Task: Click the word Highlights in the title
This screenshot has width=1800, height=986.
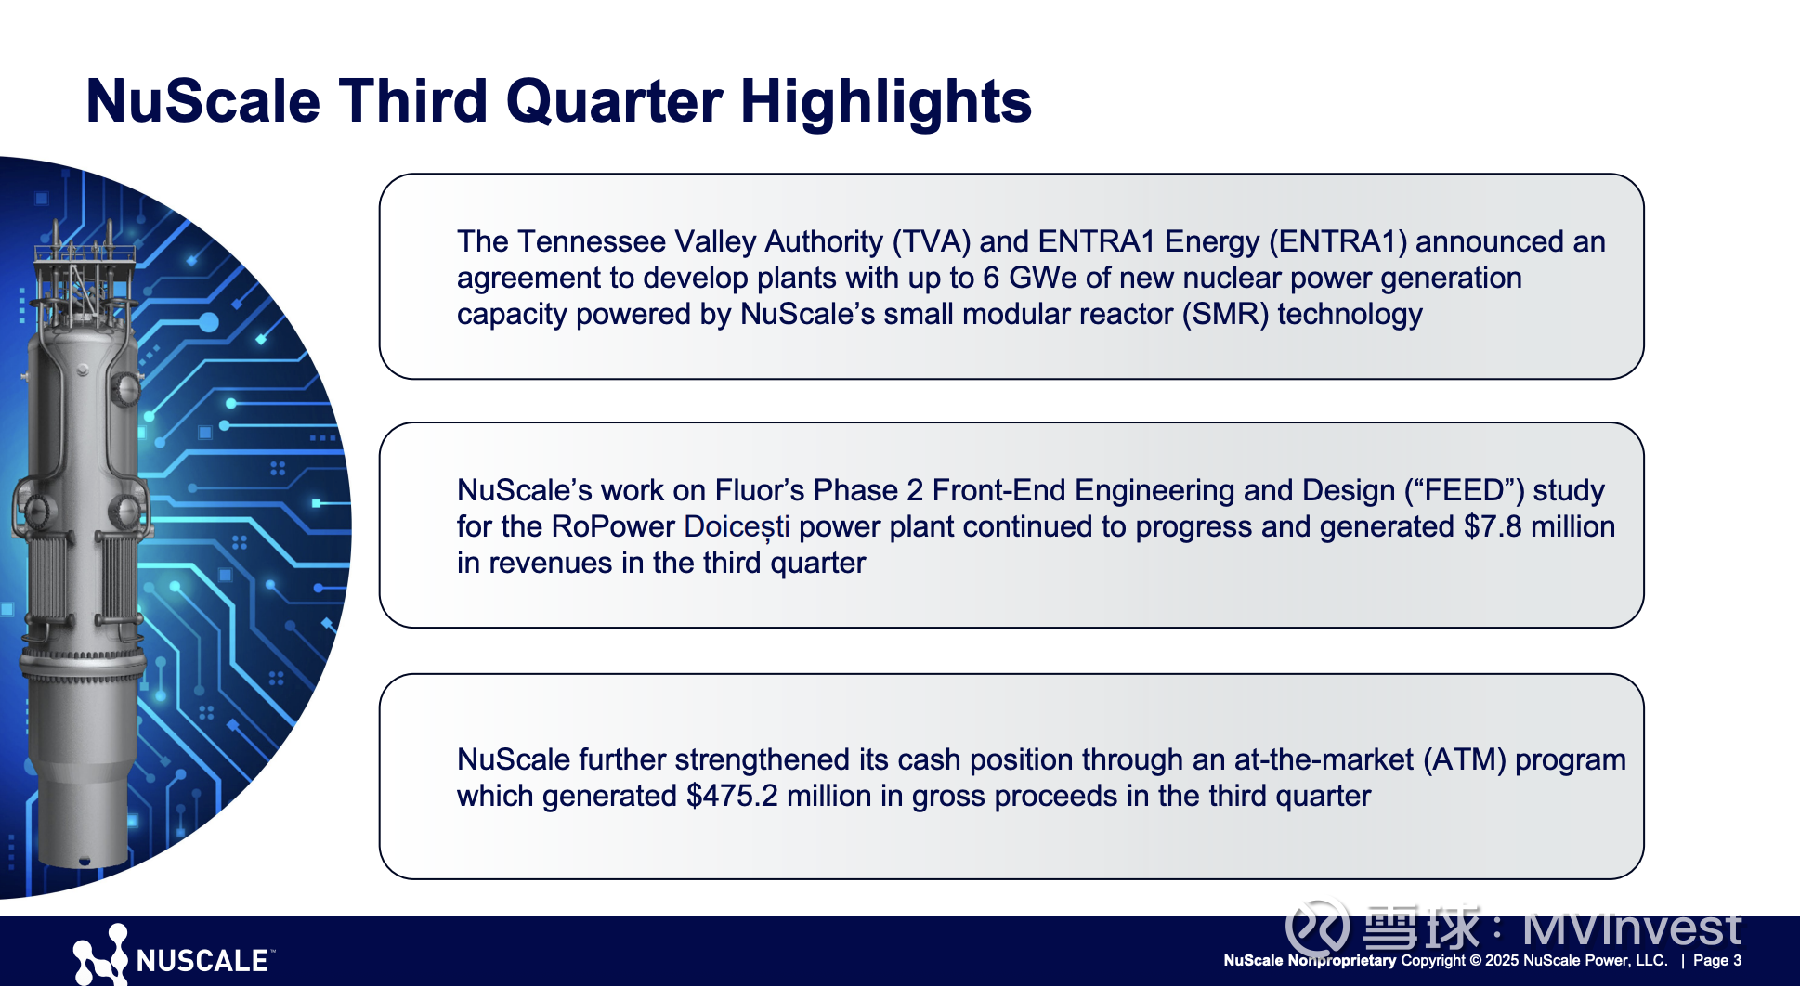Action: pos(885,102)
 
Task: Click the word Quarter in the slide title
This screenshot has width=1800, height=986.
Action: pos(614,100)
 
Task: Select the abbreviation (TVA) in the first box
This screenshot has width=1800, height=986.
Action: pos(932,242)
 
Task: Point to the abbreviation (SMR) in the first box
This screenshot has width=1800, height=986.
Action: pos(1226,315)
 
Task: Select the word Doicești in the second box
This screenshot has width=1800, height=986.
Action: pos(737,527)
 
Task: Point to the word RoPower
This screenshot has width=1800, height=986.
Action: pos(613,526)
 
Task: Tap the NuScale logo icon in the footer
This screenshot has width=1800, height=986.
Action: pos(100,954)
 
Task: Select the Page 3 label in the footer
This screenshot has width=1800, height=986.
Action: pos(1717,960)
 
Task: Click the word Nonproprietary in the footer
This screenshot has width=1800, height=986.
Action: pos(1342,960)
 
